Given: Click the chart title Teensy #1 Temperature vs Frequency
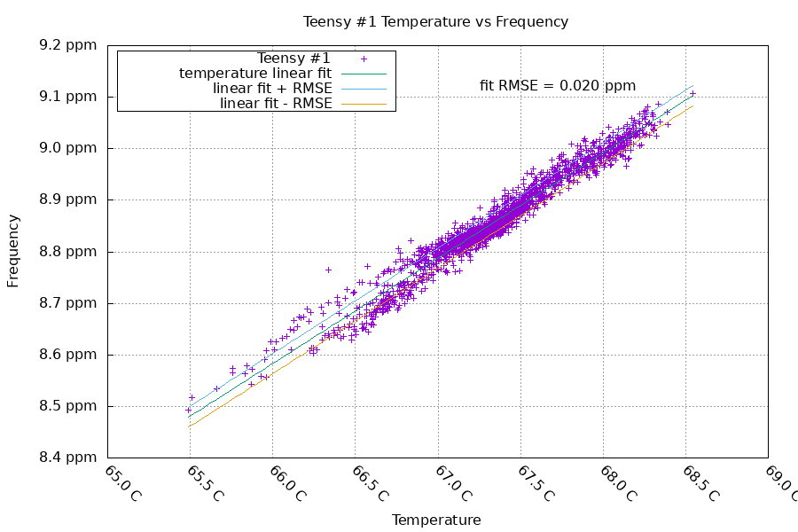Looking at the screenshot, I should pos(435,21).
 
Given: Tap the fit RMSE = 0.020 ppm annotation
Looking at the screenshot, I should pos(558,86).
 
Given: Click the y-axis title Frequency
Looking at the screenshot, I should pos(13,250).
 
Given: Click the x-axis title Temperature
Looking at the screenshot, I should pos(436,520).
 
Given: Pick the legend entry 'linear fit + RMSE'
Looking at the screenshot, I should pos(272,89).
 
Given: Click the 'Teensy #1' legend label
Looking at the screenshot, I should pos(293,58).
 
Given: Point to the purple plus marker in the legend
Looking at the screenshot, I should pos(364,59).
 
